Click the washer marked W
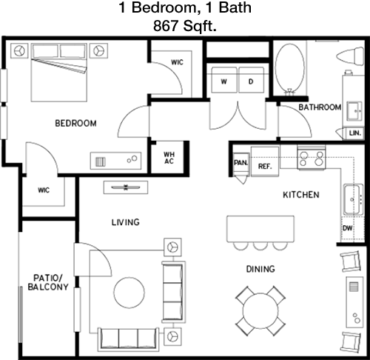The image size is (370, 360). tap(224, 79)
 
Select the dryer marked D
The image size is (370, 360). tap(251, 79)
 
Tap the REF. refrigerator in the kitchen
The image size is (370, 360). tap(265, 161)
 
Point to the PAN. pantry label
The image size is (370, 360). tap(241, 163)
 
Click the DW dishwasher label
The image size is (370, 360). tap(348, 228)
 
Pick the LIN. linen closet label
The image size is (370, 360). tap(355, 133)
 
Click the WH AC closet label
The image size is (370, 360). tap(169, 158)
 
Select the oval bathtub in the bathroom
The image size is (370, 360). tap(290, 68)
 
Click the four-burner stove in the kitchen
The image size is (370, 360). tap(312, 159)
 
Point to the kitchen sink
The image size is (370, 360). tap(354, 199)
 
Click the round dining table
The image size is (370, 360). tap(260, 310)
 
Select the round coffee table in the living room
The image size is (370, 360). tap(129, 293)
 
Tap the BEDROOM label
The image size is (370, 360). tap(75, 123)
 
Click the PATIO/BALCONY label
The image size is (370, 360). tap(48, 282)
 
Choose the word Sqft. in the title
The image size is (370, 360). tap(200, 26)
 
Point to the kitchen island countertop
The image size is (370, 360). tap(260, 229)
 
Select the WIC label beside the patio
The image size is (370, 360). tap(44, 190)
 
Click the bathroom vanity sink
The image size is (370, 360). tap(354, 111)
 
